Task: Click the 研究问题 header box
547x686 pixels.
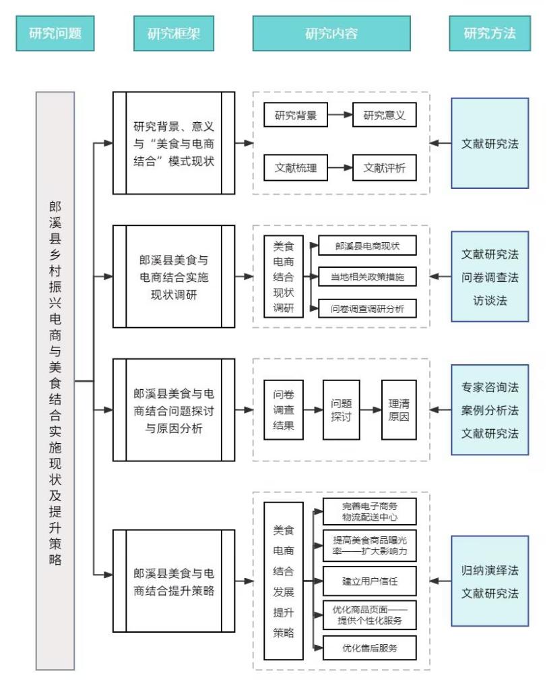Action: pyautogui.click(x=55, y=33)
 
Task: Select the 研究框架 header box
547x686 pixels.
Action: pyautogui.click(x=174, y=33)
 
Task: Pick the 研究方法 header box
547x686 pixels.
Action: pyautogui.click(x=490, y=33)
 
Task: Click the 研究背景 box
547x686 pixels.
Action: pyautogui.click(x=295, y=115)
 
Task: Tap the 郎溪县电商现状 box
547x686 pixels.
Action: pyautogui.click(x=367, y=246)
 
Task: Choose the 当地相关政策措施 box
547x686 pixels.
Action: pyautogui.click(x=367, y=277)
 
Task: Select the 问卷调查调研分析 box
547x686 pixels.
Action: pyautogui.click(x=367, y=308)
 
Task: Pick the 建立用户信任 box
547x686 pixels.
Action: pyautogui.click(x=370, y=580)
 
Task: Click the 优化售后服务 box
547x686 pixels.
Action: pyautogui.click(x=370, y=648)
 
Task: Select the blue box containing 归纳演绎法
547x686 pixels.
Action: pyautogui.click(x=490, y=581)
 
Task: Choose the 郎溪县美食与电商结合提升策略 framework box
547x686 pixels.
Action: pyautogui.click(x=174, y=581)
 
